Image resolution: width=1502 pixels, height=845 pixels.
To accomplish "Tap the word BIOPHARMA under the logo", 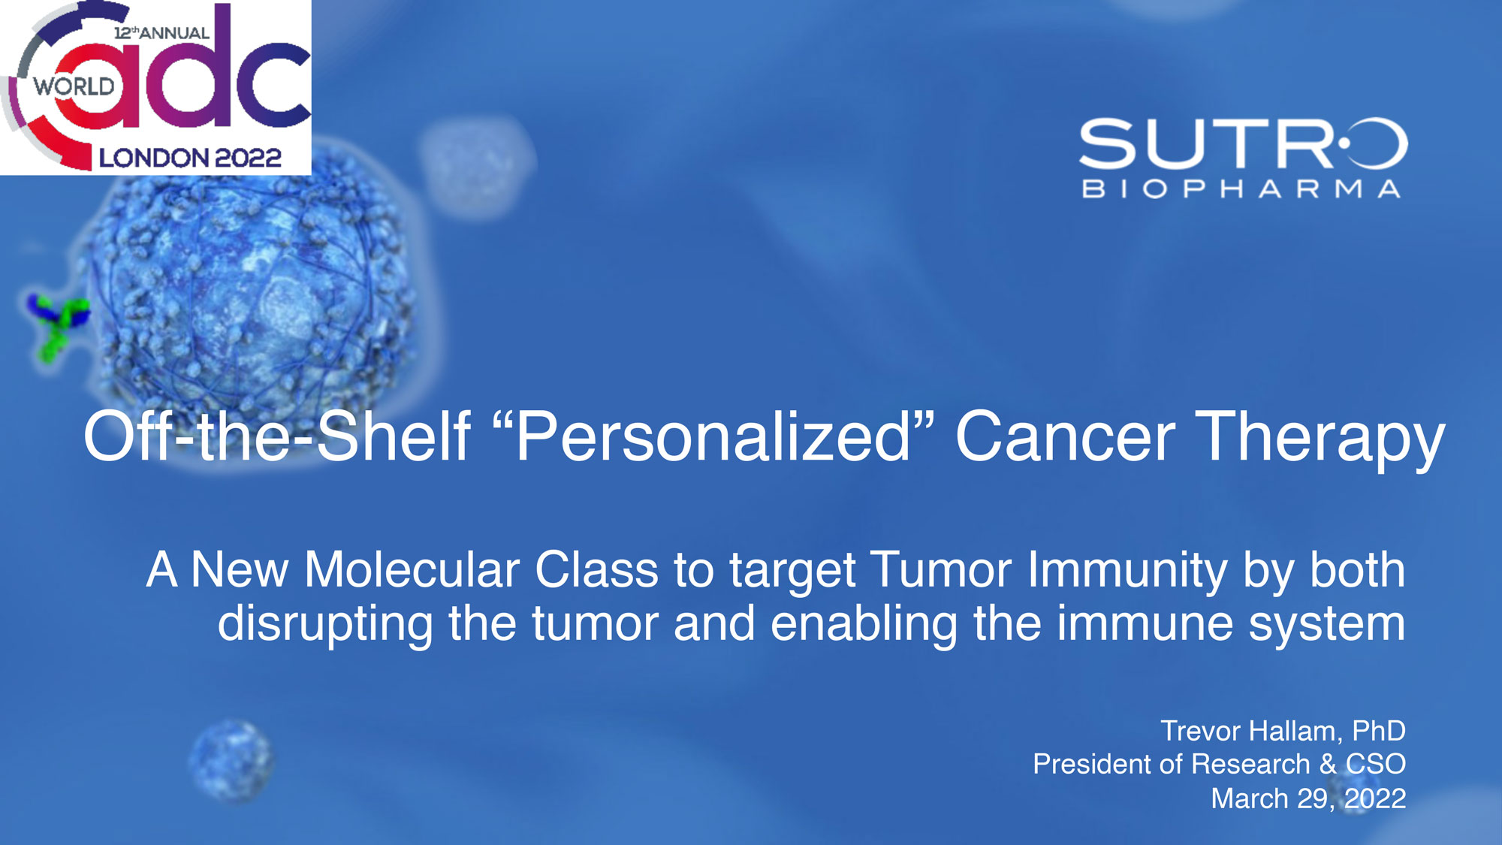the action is tap(1241, 189).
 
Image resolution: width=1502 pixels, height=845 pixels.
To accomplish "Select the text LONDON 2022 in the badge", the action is tap(190, 158).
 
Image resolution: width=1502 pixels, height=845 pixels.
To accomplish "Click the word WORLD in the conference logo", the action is tap(74, 86).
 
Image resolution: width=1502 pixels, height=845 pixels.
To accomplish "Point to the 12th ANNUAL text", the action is tap(161, 33).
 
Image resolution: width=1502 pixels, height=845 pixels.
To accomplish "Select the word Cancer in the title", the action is tap(1065, 436).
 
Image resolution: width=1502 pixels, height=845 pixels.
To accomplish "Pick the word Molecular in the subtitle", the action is tap(412, 569).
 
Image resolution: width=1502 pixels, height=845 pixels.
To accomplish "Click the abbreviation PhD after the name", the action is tap(1379, 731).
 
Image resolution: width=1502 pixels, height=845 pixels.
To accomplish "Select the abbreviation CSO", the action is tap(1375, 764).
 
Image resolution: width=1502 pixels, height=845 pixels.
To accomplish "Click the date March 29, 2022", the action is tap(1308, 798).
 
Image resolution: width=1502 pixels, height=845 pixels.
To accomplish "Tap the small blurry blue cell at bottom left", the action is tap(231, 759).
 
